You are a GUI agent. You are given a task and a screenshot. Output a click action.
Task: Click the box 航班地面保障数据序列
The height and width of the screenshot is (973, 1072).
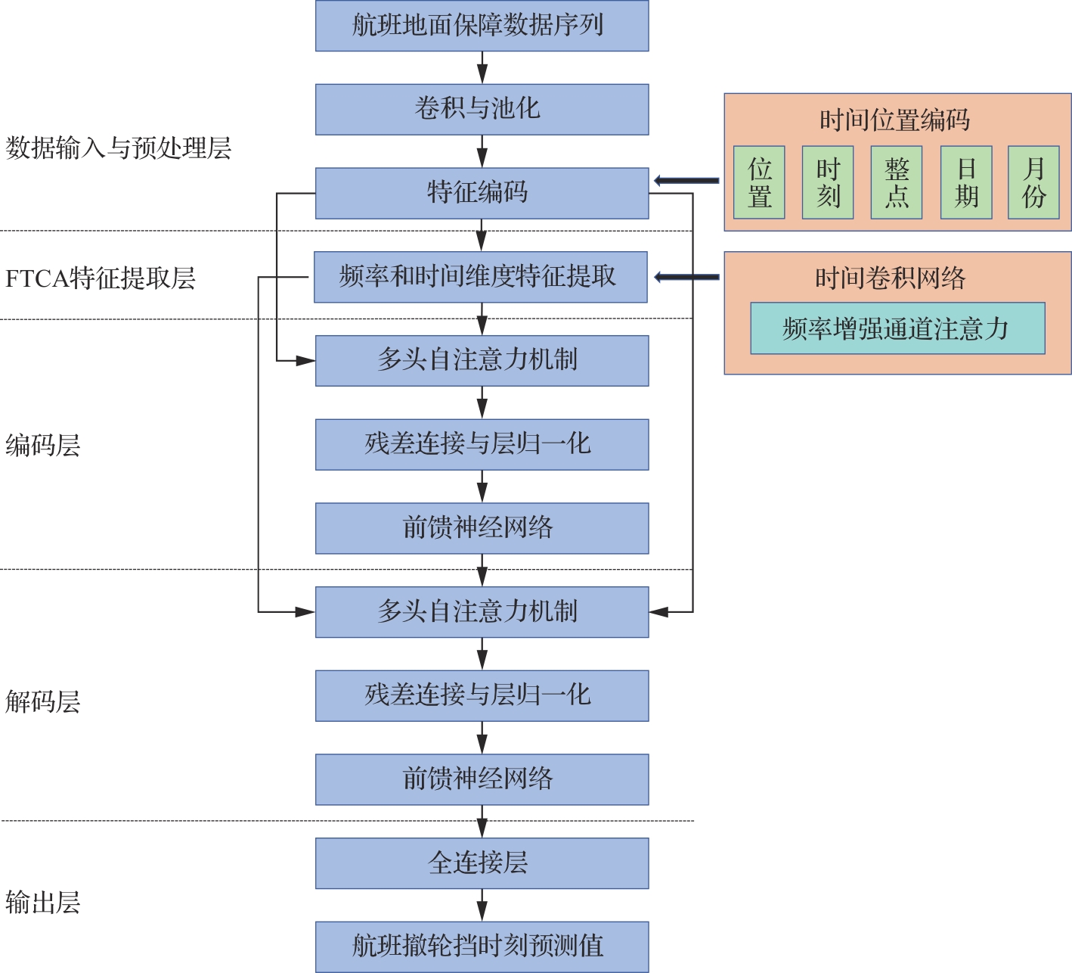coord(482,26)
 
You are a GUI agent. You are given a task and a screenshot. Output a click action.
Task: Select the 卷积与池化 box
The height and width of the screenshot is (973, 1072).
coord(482,109)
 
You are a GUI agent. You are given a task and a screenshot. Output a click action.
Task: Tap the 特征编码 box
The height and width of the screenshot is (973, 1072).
coord(482,193)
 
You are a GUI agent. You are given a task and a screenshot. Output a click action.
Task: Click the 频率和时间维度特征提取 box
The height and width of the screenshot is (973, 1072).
coord(481,277)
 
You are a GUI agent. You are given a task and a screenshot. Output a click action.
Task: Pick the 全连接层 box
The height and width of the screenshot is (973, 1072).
coord(482,863)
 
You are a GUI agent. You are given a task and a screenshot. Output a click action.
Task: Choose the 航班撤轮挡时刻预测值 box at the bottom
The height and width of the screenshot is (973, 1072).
coord(482,947)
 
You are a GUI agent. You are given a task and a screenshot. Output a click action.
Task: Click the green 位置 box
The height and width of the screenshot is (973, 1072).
coord(759,182)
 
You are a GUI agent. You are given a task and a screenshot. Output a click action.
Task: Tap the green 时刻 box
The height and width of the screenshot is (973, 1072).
coord(828,182)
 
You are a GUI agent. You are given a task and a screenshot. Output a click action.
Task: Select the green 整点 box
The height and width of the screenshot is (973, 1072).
coord(897,182)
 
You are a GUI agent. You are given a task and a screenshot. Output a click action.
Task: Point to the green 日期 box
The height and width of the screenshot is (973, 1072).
coord(966,182)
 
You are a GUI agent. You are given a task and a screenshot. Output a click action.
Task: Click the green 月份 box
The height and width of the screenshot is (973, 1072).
coord(1033,182)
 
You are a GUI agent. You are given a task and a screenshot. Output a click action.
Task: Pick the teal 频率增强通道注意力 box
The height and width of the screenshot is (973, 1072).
coord(897,328)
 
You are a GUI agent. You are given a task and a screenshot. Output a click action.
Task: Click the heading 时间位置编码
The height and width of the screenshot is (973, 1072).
coord(894,120)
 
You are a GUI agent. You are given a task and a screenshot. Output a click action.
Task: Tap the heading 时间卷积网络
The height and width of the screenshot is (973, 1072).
coord(890,278)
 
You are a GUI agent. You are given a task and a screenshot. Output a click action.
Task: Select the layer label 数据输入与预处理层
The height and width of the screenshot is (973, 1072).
coord(119,148)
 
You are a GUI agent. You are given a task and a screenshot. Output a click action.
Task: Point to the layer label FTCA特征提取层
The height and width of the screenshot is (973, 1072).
coord(101,278)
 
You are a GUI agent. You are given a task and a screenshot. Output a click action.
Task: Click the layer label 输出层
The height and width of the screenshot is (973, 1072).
coord(43,903)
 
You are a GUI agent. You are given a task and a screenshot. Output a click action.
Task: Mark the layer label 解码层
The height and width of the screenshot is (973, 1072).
coord(43,702)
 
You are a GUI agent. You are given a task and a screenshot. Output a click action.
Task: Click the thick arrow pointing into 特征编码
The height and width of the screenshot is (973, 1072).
coord(686,180)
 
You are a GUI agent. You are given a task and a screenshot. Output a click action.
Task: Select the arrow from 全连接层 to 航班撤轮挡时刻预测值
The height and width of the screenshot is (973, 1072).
coord(482,905)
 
